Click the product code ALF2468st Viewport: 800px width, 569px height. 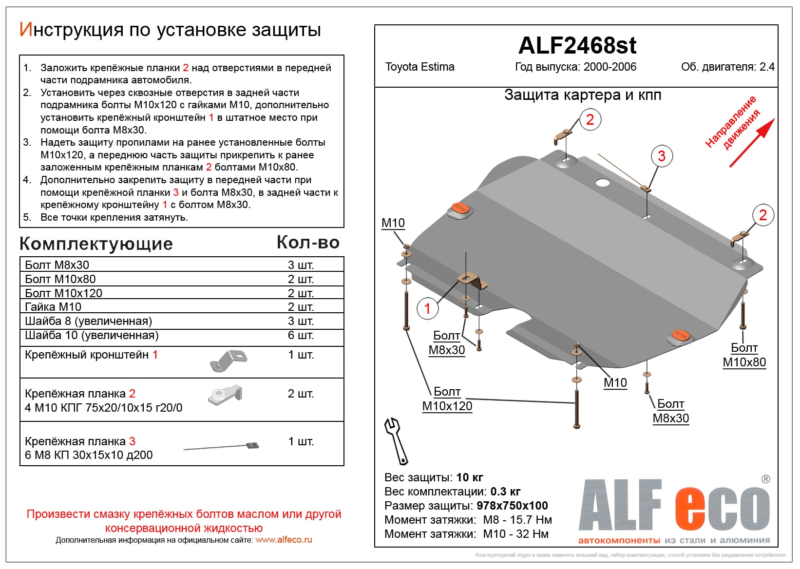pyautogui.click(x=577, y=46)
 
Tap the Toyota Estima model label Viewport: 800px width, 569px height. pyautogui.click(x=419, y=67)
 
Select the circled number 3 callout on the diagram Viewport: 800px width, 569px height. pyautogui.click(x=661, y=156)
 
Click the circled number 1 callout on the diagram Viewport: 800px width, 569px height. pyautogui.click(x=427, y=308)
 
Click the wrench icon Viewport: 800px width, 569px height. pyautogui.click(x=396, y=440)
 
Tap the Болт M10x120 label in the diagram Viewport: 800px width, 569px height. pyautogui.click(x=447, y=399)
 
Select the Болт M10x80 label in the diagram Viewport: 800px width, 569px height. pyautogui.click(x=744, y=355)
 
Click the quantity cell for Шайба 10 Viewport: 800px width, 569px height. pyautogui.click(x=301, y=335)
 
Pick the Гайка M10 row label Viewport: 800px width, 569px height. pyautogui.click(x=53, y=307)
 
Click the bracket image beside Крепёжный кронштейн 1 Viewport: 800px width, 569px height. pyautogui.click(x=228, y=361)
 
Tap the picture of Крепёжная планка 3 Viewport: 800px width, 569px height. pyautogui.click(x=222, y=446)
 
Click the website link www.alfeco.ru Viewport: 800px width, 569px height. pyautogui.click(x=284, y=540)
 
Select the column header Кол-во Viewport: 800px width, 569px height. pyautogui.click(x=308, y=243)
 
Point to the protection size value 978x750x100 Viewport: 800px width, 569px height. pyautogui.click(x=512, y=506)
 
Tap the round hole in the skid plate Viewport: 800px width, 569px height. pyautogui.click(x=603, y=183)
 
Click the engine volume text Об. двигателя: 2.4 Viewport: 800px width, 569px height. pyautogui.click(x=727, y=67)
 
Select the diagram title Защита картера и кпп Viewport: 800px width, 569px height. pyautogui.click(x=583, y=95)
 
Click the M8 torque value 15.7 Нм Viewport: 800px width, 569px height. pyautogui.click(x=517, y=520)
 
